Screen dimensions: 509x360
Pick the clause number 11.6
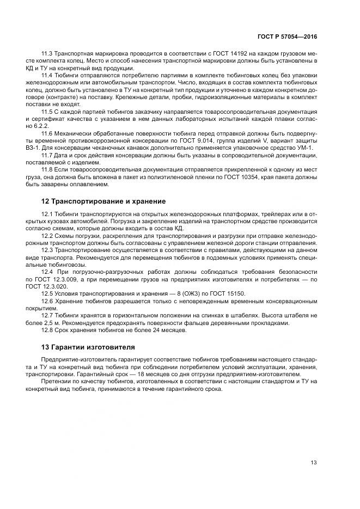tap(47, 133)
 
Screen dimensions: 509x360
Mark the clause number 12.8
tap(47, 330)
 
